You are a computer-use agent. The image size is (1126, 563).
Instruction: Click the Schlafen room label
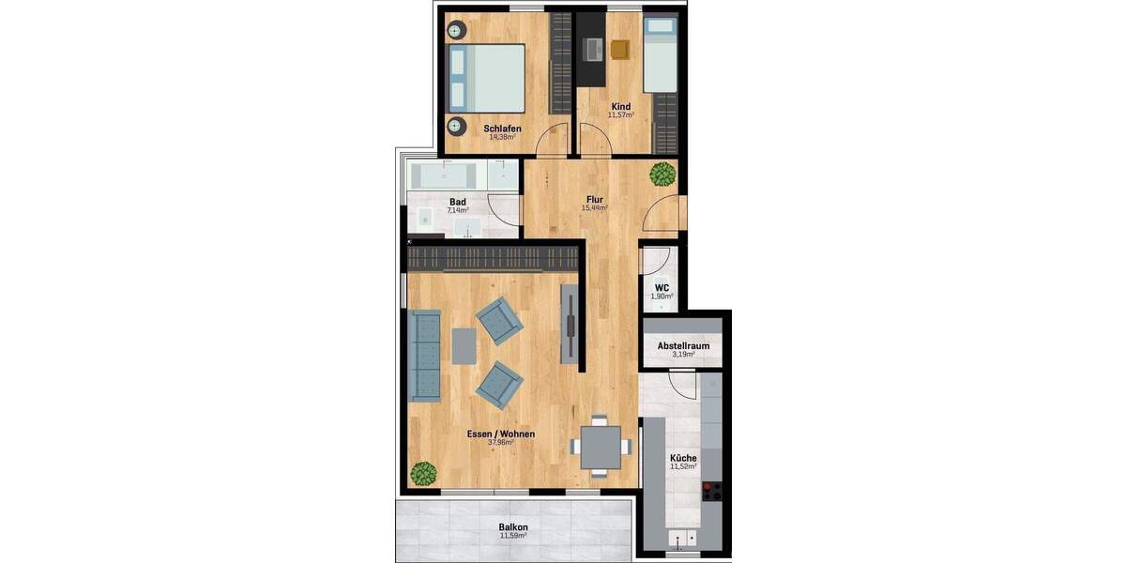coord(502,128)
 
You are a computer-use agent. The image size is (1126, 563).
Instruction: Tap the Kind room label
coord(620,106)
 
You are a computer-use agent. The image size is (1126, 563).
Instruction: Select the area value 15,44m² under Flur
coord(594,208)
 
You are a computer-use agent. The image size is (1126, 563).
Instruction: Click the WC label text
coord(661,287)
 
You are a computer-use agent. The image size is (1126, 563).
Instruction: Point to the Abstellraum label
coord(682,345)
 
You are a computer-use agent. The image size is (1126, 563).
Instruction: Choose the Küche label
coord(683,457)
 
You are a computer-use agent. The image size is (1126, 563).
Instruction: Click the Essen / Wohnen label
coord(500,434)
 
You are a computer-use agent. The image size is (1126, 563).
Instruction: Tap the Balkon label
coord(512,526)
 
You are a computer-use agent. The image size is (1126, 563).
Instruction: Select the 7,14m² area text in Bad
coord(458,211)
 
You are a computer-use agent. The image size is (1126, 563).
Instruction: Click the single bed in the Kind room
coord(662,59)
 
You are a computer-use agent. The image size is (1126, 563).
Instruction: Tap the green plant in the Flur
coord(662,174)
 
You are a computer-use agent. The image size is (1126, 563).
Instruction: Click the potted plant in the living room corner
coord(424,473)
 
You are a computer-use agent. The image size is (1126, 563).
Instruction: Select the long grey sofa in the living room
coord(426,356)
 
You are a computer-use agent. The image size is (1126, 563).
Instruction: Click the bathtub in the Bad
coord(447,175)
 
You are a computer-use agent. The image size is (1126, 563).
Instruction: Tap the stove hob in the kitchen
coord(712,491)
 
